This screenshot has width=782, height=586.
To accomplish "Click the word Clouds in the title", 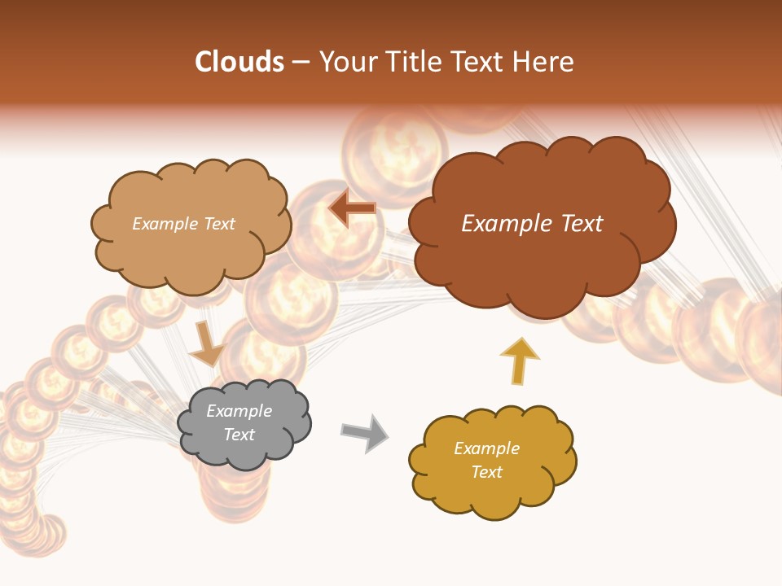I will (239, 62).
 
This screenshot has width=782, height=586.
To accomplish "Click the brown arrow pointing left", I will (352, 208).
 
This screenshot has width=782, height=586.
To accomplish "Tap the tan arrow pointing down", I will (206, 344).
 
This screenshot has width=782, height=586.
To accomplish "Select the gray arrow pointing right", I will (364, 432).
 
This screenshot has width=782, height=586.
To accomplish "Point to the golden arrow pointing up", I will (519, 361).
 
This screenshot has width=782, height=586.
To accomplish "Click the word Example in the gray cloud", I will (239, 411).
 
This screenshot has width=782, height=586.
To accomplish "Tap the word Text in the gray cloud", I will (239, 435).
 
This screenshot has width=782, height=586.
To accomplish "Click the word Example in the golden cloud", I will (486, 448).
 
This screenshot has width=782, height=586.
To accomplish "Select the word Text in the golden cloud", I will (486, 472).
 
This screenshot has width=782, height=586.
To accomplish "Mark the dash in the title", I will (301, 63).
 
